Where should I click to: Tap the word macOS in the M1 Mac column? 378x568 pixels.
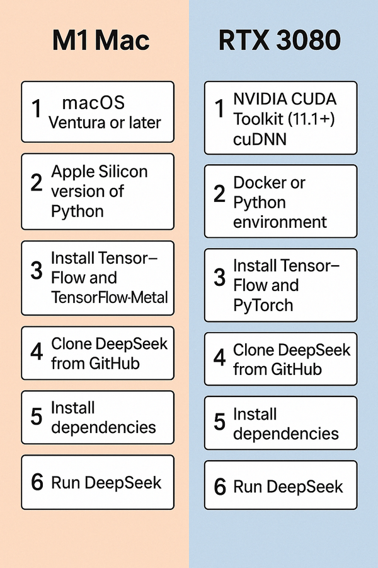[94, 102]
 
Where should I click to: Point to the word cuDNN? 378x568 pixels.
[260, 139]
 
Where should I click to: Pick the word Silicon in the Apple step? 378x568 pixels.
[124, 172]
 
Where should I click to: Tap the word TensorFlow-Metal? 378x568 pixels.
[110, 296]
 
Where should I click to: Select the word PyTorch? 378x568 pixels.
[263, 305]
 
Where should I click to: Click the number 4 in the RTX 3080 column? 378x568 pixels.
[219, 358]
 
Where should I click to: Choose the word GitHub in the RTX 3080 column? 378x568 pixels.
[296, 369]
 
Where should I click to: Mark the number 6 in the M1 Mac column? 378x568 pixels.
[37, 482]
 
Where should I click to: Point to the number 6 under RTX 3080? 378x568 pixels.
[219, 487]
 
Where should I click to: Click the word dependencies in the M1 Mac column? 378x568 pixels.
[103, 427]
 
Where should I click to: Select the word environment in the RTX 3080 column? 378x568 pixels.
[280, 222]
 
